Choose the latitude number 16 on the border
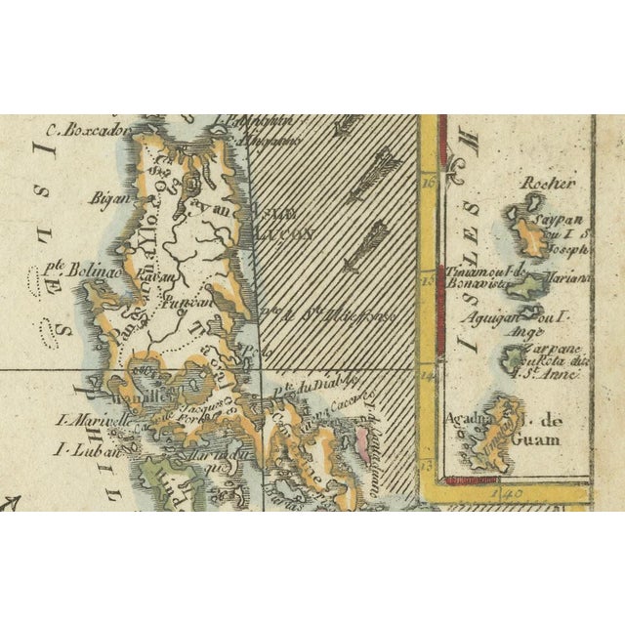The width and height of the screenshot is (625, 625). (x=427, y=182)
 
